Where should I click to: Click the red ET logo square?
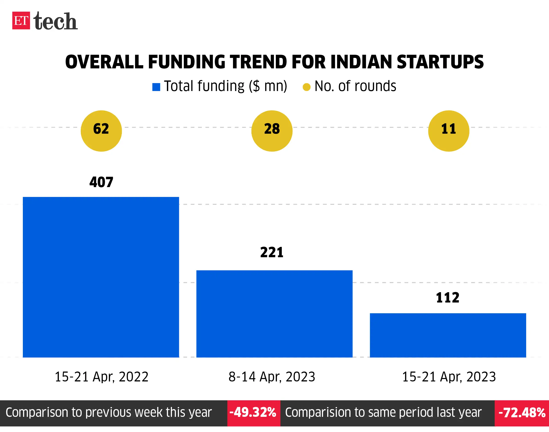(21, 20)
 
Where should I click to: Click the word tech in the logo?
(55, 21)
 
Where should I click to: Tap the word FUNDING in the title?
(186, 62)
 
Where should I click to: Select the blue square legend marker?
(156, 87)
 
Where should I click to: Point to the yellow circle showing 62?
(101, 131)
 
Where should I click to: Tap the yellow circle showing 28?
(272, 131)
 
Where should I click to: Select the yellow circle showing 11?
(448, 131)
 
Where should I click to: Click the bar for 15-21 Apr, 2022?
(101, 277)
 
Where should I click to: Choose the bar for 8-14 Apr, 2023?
(274, 314)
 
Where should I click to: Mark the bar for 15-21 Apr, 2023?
(448, 335)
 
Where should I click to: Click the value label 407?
(101, 182)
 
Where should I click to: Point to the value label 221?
(272, 252)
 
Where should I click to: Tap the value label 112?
(448, 297)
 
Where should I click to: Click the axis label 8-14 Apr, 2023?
(272, 377)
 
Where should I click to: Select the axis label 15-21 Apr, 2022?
(101, 377)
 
